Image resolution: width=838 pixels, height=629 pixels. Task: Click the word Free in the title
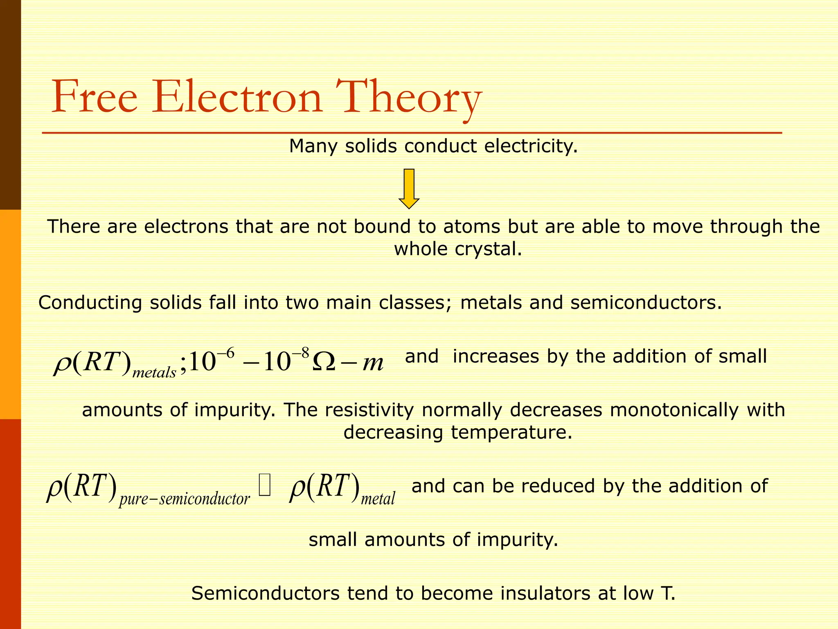point(95,97)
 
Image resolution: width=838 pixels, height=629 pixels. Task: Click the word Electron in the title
point(237,97)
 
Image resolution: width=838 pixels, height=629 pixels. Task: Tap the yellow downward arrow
point(409,188)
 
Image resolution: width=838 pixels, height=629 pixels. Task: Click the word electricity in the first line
point(531,146)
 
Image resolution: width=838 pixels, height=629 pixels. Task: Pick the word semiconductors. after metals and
point(646,303)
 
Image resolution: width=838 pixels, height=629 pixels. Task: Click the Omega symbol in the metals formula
point(323,362)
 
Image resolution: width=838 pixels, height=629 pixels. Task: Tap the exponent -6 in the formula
point(225,353)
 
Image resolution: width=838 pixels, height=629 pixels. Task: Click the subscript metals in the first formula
point(154,373)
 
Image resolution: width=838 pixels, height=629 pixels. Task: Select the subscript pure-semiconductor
point(185,499)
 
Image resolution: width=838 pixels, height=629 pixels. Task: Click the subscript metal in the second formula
point(378,499)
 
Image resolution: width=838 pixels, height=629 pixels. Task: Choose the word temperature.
point(511,432)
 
